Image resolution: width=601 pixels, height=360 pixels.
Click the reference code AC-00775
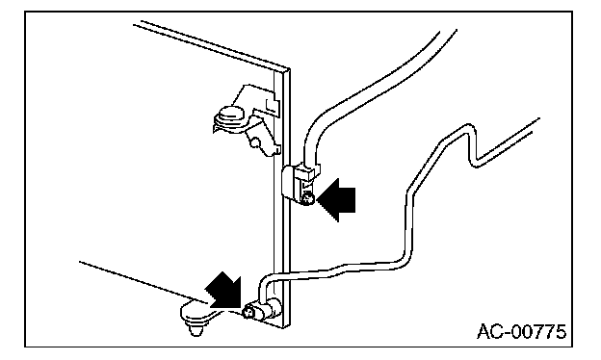click(521, 332)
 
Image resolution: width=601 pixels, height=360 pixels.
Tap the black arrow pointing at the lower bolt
click(224, 291)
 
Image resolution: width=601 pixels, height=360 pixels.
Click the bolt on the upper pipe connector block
click(307, 199)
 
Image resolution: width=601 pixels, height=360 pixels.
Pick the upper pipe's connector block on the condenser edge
click(299, 184)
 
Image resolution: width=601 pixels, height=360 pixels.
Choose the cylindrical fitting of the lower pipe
click(265, 309)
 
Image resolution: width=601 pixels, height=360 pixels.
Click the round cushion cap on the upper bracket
click(231, 116)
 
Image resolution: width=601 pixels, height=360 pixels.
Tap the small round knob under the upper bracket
click(254, 143)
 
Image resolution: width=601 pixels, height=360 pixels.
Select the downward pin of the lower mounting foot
click(196, 329)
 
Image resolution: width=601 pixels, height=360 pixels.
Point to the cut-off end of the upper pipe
click(448, 32)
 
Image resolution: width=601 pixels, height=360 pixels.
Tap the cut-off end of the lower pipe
click(536, 125)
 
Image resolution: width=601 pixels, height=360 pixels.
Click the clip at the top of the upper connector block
click(309, 170)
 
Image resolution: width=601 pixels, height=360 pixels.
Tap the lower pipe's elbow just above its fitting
click(265, 279)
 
